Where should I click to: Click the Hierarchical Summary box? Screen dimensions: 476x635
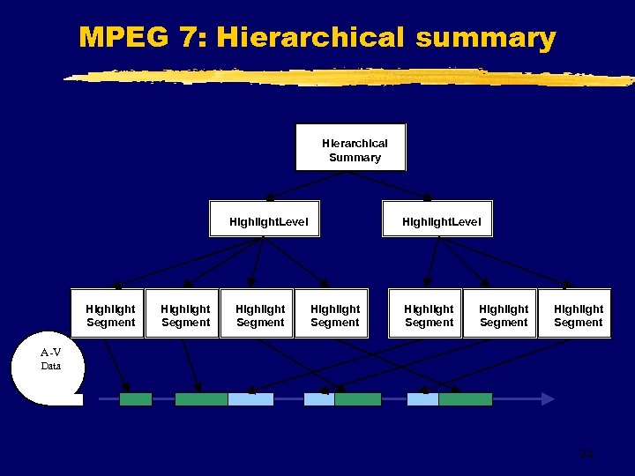[351, 147]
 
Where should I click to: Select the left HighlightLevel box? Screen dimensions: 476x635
[264, 220]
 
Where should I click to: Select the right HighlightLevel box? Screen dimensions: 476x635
[437, 220]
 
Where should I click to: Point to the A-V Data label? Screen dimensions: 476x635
[50, 360]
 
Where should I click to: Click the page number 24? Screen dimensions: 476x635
[586, 455]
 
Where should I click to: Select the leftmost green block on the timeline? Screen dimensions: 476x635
[136, 399]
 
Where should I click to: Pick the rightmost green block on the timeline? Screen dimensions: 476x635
[465, 399]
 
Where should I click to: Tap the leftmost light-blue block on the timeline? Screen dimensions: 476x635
[250, 399]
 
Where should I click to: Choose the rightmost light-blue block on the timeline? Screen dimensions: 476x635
[422, 399]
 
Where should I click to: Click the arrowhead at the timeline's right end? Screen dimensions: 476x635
[548, 399]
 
